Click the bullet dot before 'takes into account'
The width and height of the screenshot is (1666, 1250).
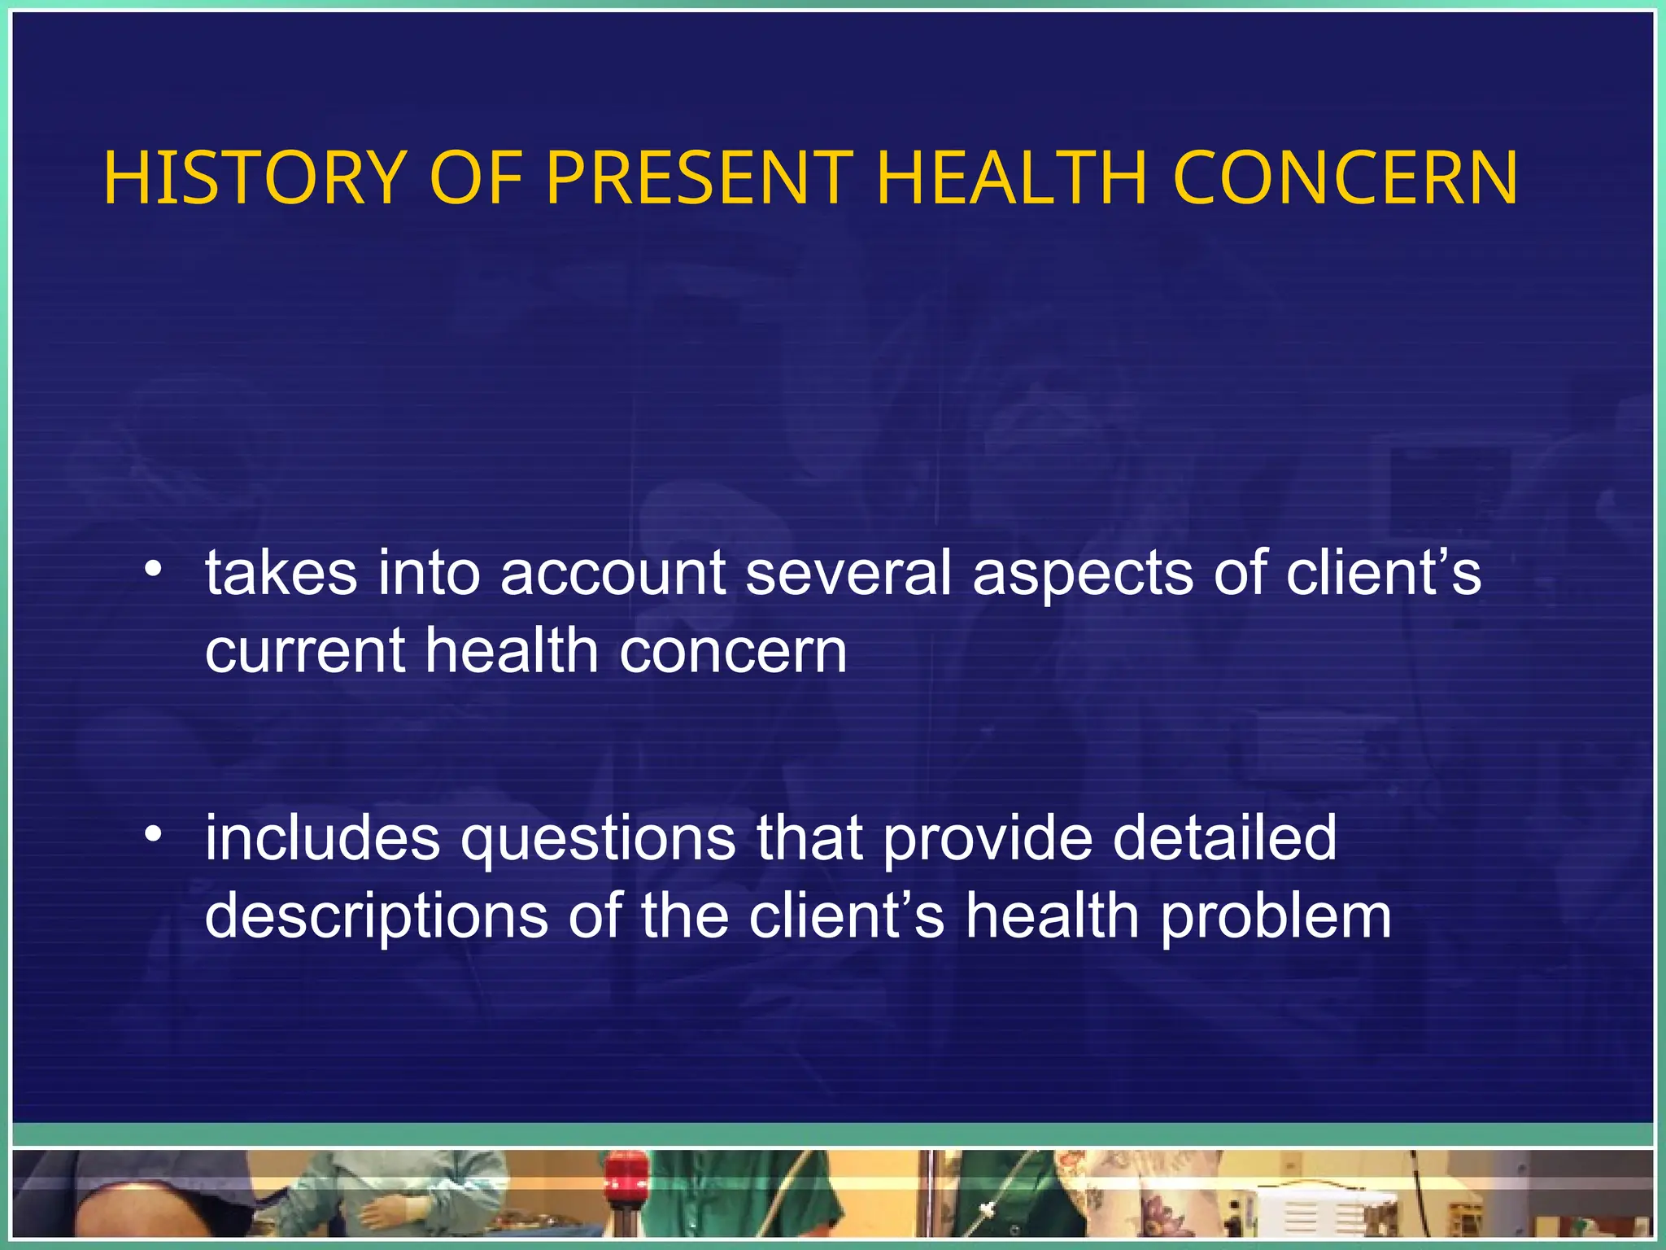[152, 570]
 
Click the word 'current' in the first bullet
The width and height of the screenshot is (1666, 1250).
[305, 651]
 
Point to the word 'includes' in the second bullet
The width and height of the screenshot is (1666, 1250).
[322, 838]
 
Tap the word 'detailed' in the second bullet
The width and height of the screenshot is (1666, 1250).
[1224, 838]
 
